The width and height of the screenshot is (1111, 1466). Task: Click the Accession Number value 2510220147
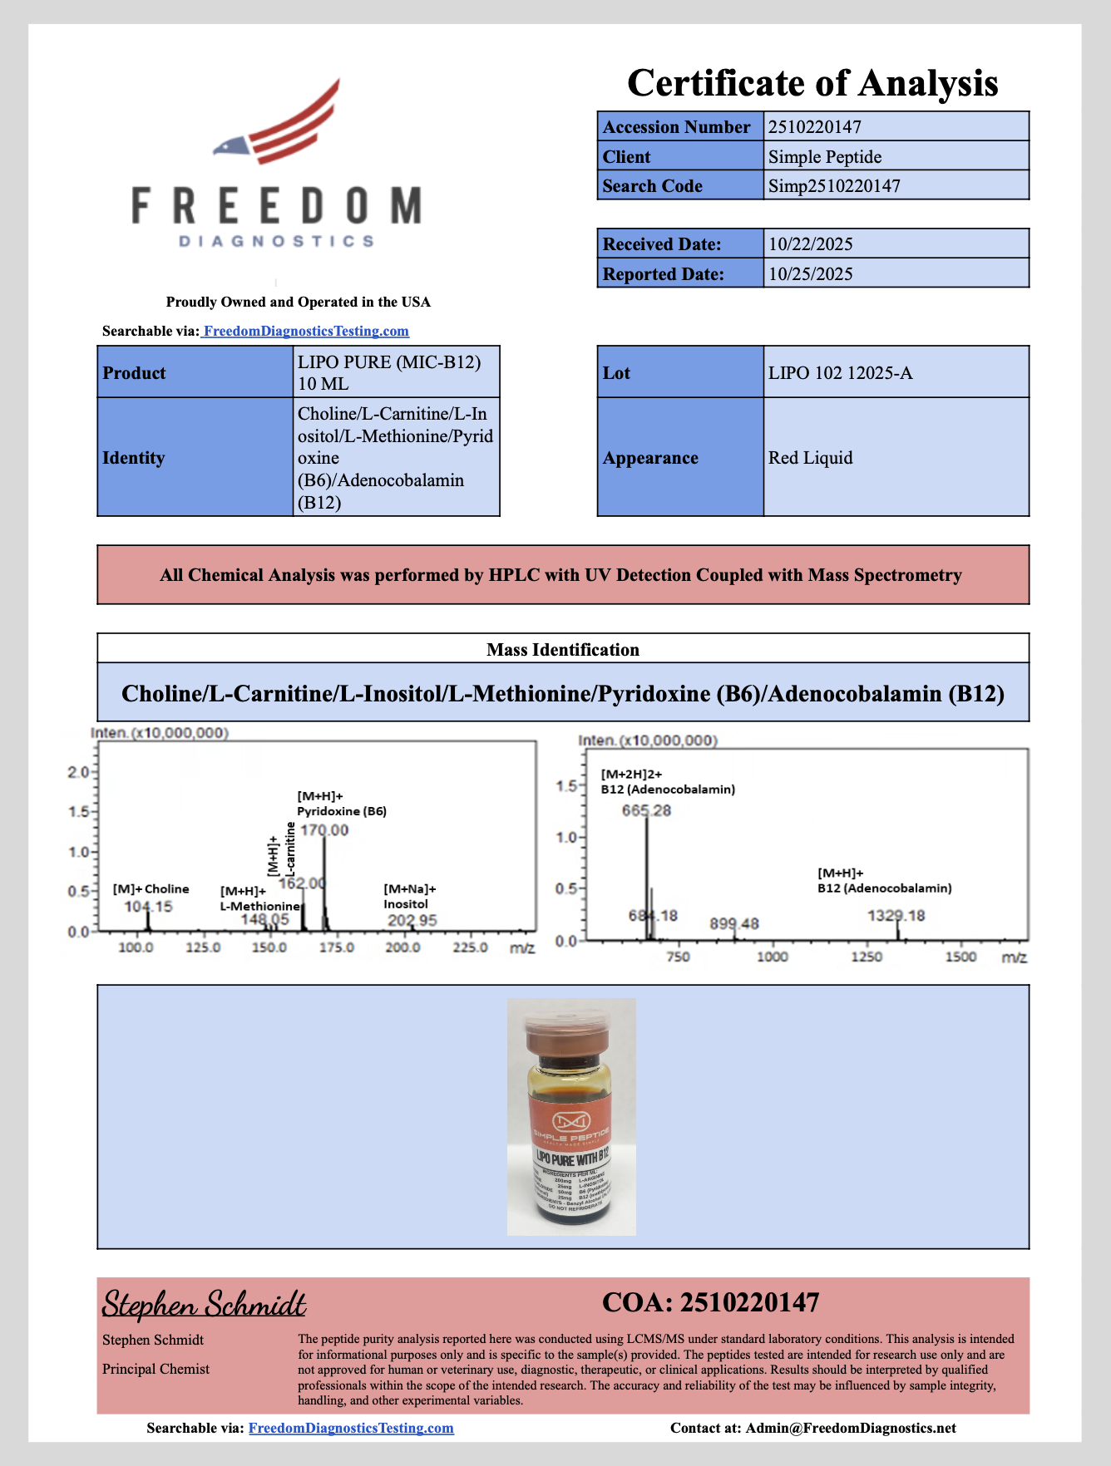[x=814, y=127]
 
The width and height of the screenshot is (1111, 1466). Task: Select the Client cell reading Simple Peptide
[x=824, y=157]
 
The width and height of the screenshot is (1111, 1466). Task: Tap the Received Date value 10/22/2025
[x=810, y=244]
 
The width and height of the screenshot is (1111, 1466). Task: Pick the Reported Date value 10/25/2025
[x=810, y=274]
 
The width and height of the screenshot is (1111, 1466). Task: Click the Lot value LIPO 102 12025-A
[x=840, y=373]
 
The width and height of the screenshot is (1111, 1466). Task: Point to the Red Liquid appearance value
[x=810, y=458]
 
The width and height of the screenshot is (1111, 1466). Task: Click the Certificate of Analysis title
[x=812, y=83]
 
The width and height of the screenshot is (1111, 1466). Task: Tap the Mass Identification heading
[x=563, y=650]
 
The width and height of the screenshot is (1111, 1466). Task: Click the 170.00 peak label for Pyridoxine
[x=324, y=830]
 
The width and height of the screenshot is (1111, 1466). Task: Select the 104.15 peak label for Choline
[x=148, y=907]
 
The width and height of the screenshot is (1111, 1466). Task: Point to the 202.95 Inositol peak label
[x=412, y=920]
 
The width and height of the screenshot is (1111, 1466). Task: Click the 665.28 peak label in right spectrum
[x=646, y=810]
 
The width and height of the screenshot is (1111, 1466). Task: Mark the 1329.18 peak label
[x=896, y=916]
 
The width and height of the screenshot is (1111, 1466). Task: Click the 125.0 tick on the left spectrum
[x=202, y=947]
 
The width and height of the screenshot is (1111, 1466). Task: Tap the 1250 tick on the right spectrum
[x=866, y=957]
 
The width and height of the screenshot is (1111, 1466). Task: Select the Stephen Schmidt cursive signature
[x=204, y=1305]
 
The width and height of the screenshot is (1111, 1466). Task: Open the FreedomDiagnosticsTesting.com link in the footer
[x=351, y=1428]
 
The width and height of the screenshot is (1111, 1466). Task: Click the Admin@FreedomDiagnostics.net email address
[x=850, y=1428]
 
